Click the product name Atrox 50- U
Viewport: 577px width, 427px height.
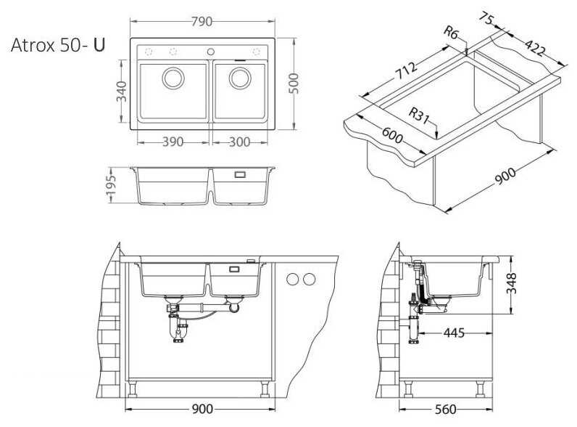[58, 45]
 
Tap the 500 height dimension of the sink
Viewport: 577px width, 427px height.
[294, 85]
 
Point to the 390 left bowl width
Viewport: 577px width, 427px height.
[173, 142]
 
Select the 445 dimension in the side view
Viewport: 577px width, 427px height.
[454, 333]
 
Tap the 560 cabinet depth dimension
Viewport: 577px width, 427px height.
[447, 410]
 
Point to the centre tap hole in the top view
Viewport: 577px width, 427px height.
[211, 52]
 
